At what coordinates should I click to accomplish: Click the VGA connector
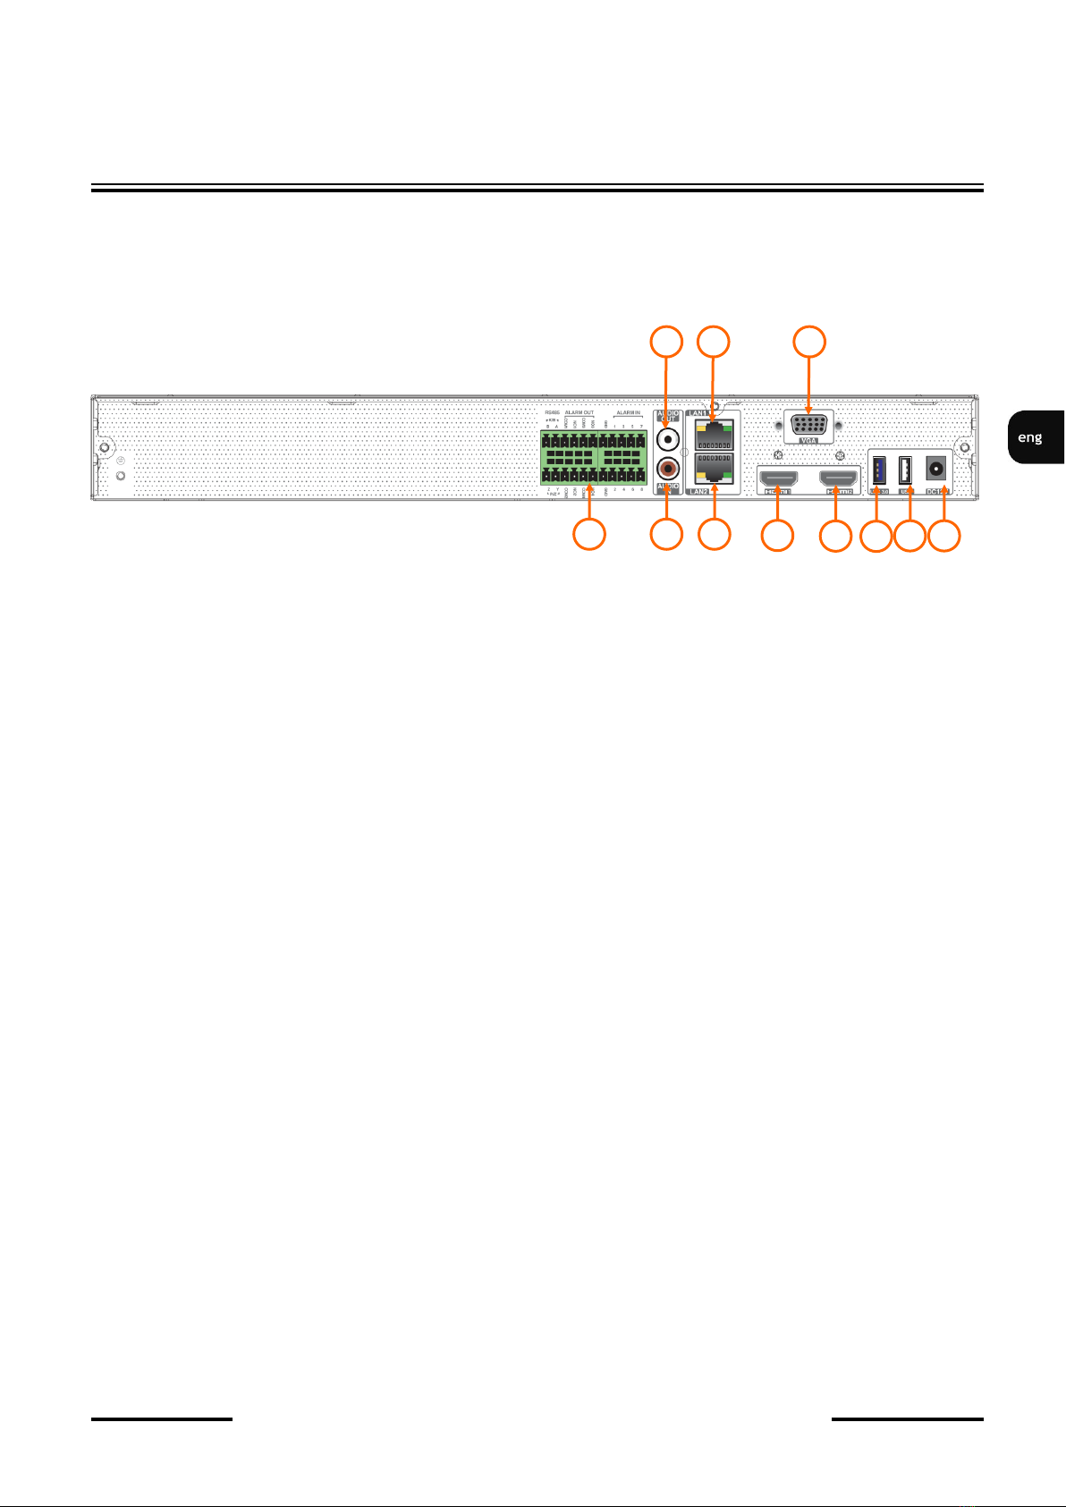pyautogui.click(x=808, y=424)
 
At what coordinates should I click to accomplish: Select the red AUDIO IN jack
pyautogui.click(x=667, y=468)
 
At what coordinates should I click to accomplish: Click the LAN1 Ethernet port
pyautogui.click(x=712, y=434)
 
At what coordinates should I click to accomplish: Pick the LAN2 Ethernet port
pyautogui.click(x=712, y=470)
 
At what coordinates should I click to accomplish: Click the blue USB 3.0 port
pyautogui.click(x=878, y=470)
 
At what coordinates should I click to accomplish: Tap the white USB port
pyautogui.click(x=905, y=470)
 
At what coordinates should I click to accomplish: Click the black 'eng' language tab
pyautogui.click(x=1031, y=437)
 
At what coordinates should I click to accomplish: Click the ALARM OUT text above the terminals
pyautogui.click(x=580, y=413)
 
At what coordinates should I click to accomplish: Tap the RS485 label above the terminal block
pyautogui.click(x=552, y=413)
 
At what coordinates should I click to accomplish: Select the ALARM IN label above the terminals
pyautogui.click(x=628, y=413)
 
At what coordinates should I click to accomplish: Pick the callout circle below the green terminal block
pyautogui.click(x=588, y=535)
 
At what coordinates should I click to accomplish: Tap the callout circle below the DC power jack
pyautogui.click(x=944, y=537)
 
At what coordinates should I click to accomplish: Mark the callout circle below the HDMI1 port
pyautogui.click(x=777, y=537)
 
